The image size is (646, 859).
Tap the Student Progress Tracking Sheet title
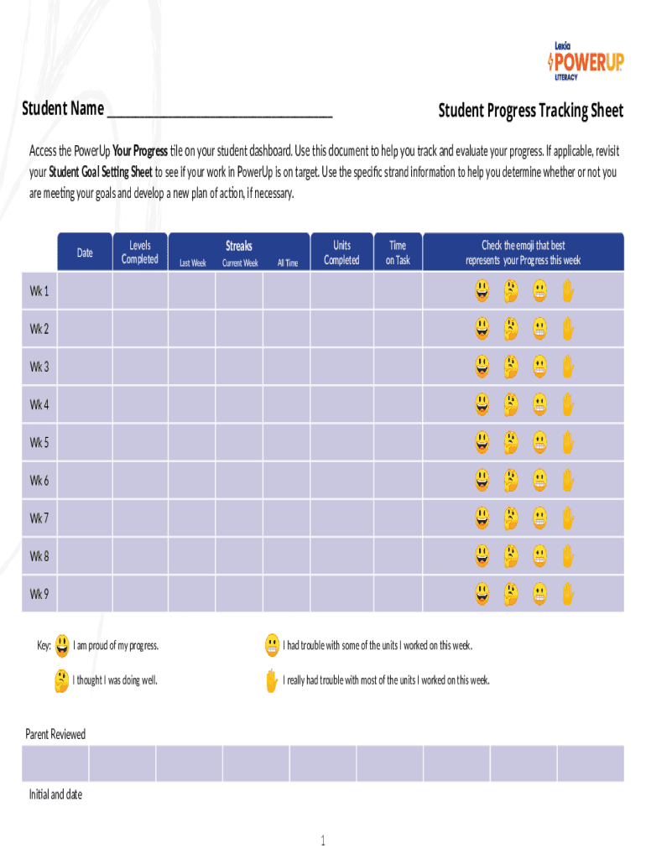531,111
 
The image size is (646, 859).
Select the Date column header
85,252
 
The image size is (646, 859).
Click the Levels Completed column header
140,252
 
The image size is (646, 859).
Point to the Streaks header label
239,246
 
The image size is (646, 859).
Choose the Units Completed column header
341,252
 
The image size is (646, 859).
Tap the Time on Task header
398,252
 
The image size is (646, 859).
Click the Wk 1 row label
39,291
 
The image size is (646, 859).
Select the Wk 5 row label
39,442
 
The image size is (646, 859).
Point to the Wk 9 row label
39,594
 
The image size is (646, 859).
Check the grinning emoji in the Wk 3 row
482,367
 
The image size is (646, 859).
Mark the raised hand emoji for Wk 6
568,480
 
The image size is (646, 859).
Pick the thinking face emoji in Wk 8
510,555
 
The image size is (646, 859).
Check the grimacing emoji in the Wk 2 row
539,329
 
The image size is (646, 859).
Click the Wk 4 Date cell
85,404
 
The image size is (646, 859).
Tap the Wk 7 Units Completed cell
341,518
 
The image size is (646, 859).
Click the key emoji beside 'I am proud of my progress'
62,646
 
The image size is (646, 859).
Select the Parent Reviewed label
55,734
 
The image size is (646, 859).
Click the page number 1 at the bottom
322,841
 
